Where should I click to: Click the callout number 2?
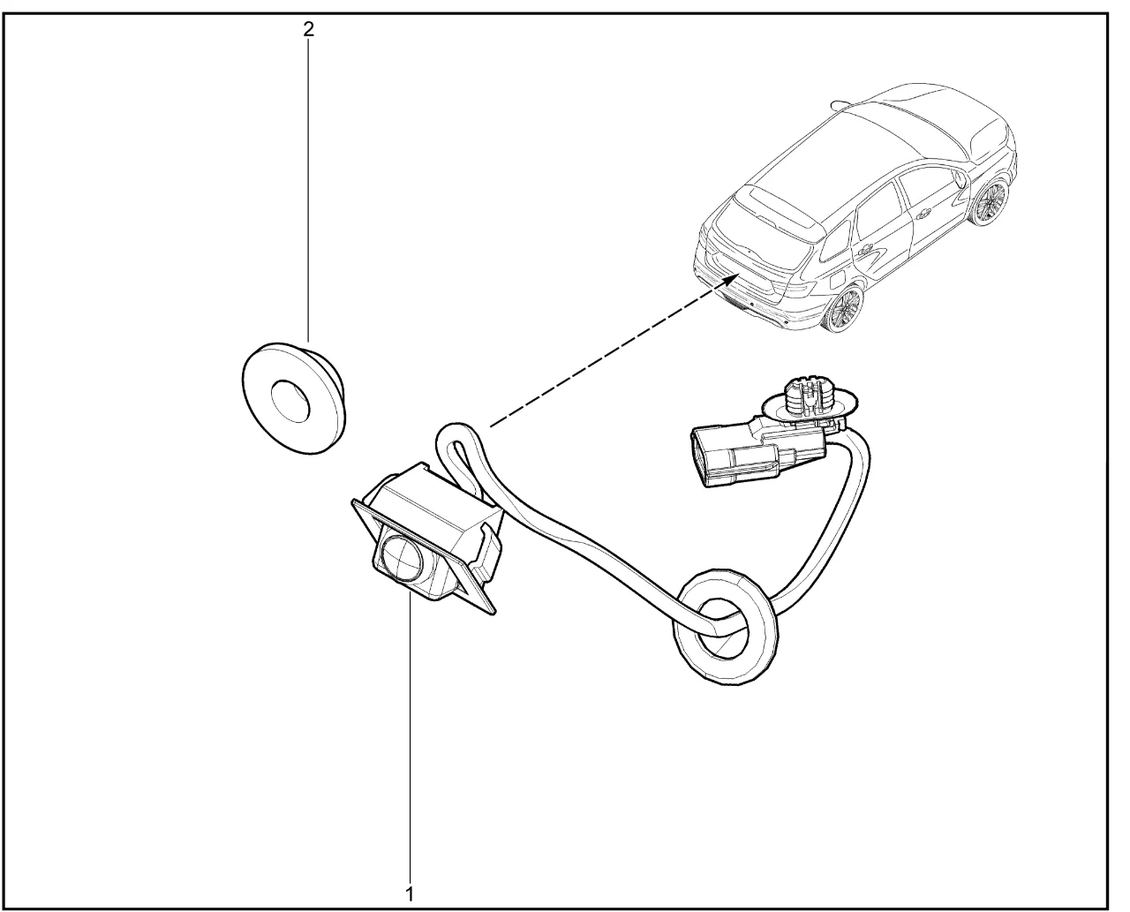point(308,30)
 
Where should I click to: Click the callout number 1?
point(409,894)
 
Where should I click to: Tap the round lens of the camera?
point(403,559)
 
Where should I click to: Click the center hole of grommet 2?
point(290,402)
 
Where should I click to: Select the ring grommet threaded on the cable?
point(726,629)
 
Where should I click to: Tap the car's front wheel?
point(989,201)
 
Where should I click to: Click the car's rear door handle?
point(867,249)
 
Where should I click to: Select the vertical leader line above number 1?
point(410,737)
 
